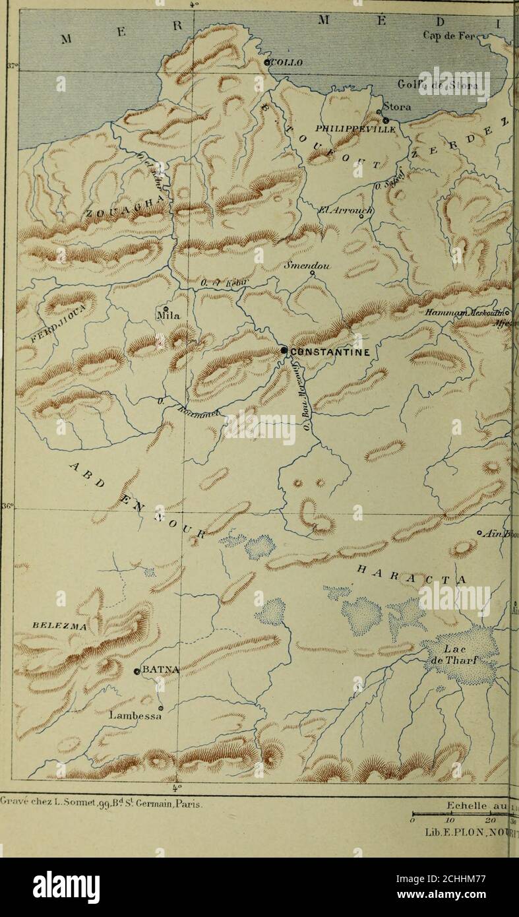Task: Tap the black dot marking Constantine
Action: [284, 351]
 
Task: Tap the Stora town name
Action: [398, 107]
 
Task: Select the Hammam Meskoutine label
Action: [469, 313]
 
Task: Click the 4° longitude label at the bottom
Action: [175, 787]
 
